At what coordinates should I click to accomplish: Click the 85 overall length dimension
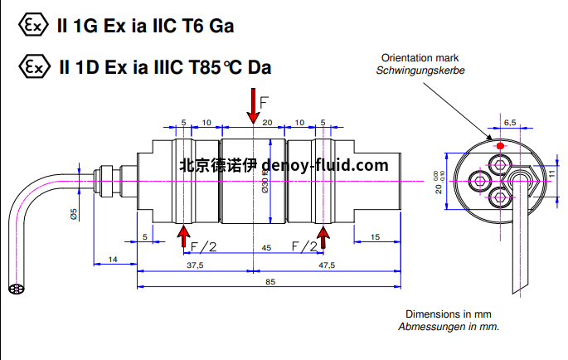[271, 280]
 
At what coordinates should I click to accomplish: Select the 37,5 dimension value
[195, 265]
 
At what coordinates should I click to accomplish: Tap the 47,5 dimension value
[327, 265]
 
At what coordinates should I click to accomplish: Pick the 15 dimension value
[375, 237]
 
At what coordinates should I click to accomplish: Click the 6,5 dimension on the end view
[509, 122]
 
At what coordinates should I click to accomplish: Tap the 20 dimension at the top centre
[267, 122]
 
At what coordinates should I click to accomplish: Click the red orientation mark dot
[500, 146]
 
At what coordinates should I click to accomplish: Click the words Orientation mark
[420, 58]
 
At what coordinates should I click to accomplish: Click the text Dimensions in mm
[449, 314]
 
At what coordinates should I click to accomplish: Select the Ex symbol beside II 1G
[31, 25]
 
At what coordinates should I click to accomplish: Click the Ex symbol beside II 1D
[31, 66]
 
